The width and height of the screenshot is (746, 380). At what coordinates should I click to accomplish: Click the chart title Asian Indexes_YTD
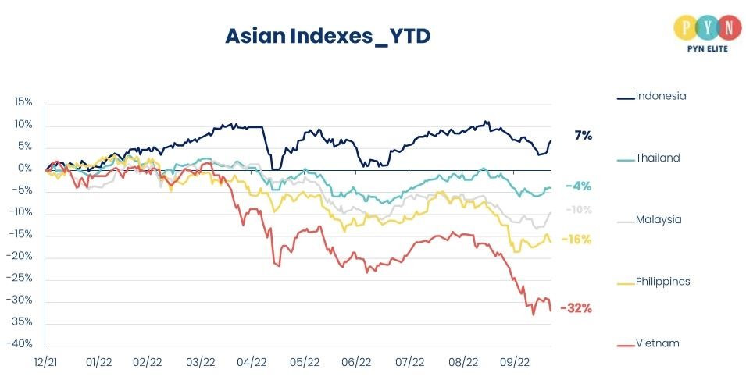(327, 36)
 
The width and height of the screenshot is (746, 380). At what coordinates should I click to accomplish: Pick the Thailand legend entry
(658, 158)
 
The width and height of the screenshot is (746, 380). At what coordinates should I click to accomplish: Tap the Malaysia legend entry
(659, 219)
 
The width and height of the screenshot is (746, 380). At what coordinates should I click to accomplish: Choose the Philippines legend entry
(662, 281)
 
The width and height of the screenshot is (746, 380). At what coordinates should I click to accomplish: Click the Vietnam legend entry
(657, 343)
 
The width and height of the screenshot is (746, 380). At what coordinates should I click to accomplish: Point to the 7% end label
(583, 136)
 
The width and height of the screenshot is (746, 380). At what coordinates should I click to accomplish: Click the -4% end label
(578, 186)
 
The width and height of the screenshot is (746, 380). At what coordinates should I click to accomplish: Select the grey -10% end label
(578, 210)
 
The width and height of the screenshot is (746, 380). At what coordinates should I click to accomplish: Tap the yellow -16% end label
(577, 240)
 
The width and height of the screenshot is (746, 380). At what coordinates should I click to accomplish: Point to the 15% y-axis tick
(23, 102)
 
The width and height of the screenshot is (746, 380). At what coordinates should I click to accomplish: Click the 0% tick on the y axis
(25, 169)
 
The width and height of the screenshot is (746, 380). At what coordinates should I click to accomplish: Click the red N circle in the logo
(728, 27)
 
